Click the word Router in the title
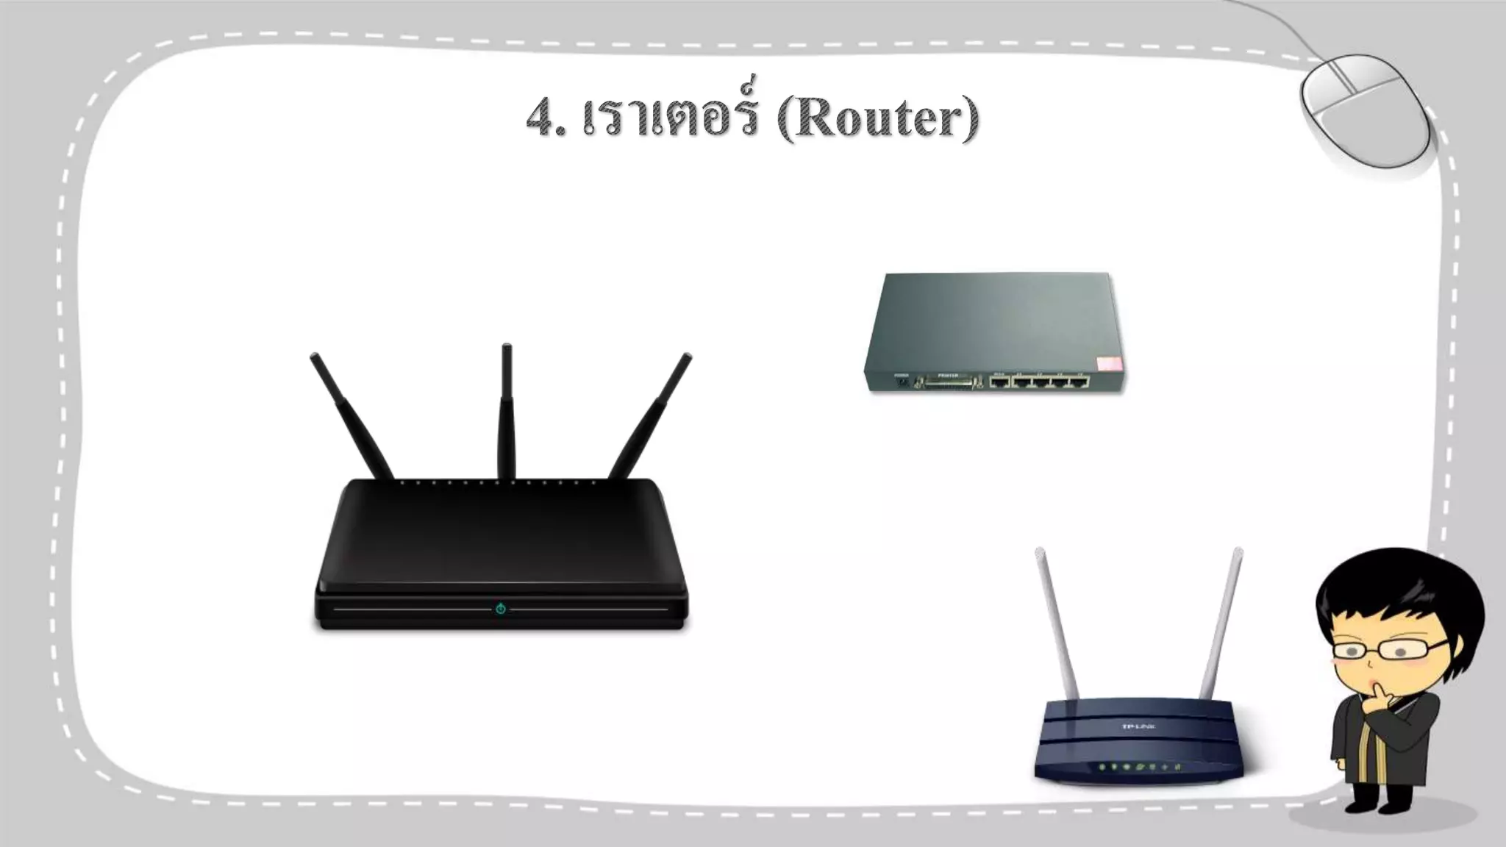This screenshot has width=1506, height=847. pos(878,119)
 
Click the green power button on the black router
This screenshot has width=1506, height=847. pos(501,609)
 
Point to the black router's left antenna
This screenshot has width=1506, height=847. pos(351,415)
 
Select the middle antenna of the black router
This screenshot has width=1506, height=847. pos(507,412)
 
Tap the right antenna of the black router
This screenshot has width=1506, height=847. pos(652,415)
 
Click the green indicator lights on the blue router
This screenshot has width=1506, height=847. pos(1140,768)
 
